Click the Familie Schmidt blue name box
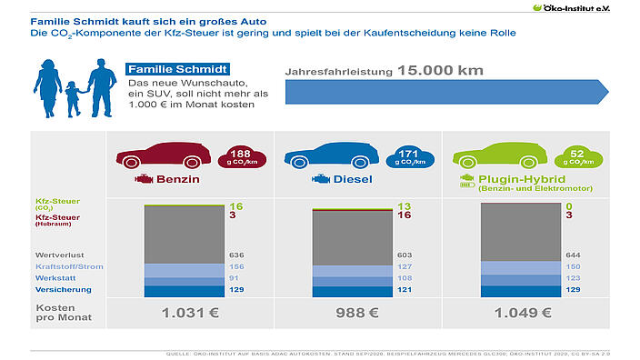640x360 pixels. click(x=176, y=70)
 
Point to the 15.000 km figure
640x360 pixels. click(x=440, y=70)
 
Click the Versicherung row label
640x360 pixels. click(x=62, y=289)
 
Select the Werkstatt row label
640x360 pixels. click(x=55, y=277)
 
